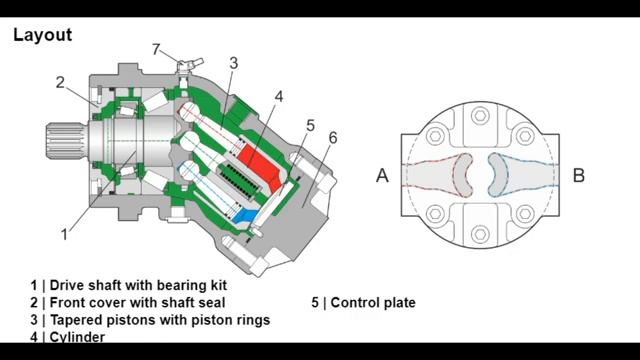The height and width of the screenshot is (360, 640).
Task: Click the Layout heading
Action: coord(42,35)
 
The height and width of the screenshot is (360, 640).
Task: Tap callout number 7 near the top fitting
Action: coord(156,49)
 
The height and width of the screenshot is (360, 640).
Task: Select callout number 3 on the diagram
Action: coord(233,63)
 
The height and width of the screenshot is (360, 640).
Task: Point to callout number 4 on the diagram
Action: coord(278,97)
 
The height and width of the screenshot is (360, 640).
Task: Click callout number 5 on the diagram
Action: coord(311,126)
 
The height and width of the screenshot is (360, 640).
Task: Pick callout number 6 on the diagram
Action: coord(333,138)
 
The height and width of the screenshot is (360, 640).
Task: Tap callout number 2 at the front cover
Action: coord(60,82)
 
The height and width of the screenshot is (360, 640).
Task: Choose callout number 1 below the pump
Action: coord(64,234)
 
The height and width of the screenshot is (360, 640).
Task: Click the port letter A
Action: coord(382,176)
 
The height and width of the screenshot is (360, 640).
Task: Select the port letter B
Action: coord(579,175)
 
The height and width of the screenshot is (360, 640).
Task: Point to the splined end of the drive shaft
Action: coord(65,141)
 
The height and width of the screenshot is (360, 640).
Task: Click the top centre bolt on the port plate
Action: coord(480,116)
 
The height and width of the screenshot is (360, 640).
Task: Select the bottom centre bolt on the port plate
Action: coord(480,234)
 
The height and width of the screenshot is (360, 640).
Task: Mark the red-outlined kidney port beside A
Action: coord(460,176)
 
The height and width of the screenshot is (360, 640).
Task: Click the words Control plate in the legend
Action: coord(373,303)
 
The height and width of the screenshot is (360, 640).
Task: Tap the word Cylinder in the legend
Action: coord(77,337)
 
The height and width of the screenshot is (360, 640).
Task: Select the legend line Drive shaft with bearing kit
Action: coord(138,285)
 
